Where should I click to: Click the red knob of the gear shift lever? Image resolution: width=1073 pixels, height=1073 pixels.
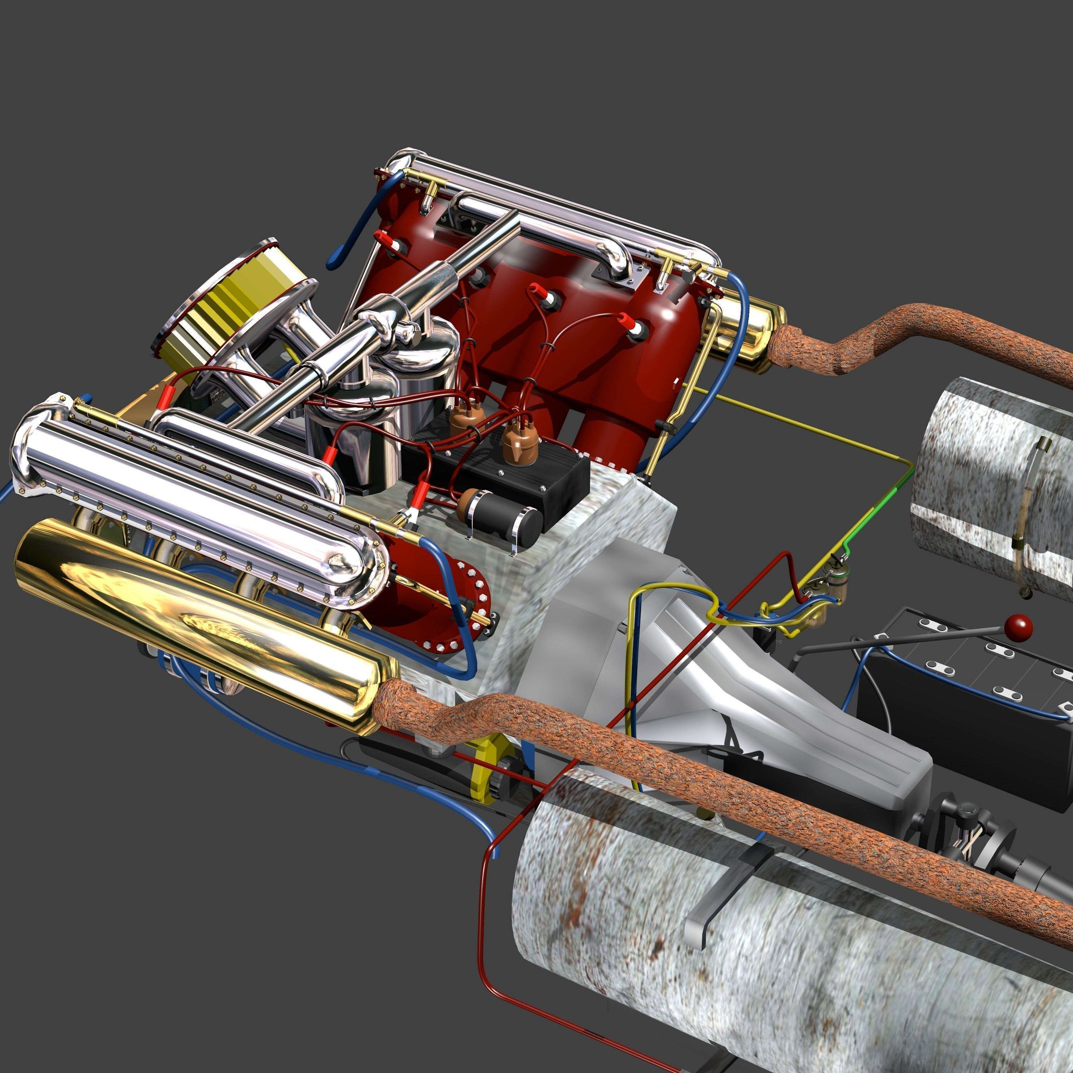(1019, 628)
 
